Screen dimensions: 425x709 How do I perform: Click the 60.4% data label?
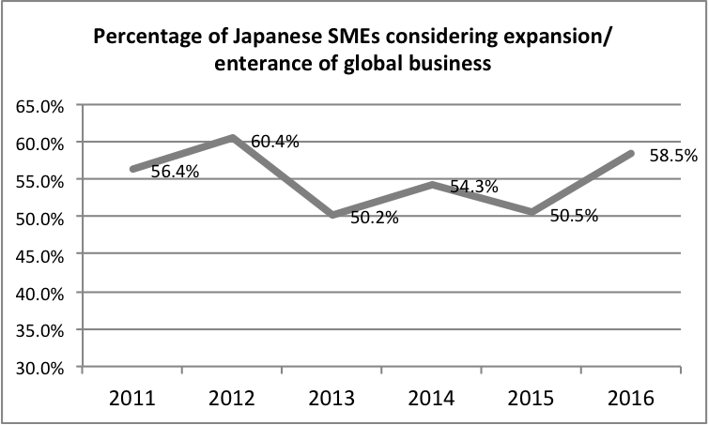pos(275,142)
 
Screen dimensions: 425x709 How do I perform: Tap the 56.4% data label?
pos(173,172)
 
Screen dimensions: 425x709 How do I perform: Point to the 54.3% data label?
pos(474,187)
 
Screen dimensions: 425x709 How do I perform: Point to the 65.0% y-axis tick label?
pos(40,106)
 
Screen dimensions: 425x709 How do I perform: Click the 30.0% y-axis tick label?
pos(40,368)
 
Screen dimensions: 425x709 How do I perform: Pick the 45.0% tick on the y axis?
pos(40,255)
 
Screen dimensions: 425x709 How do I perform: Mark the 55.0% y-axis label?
pos(40,180)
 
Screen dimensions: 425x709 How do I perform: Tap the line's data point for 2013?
pos(332,215)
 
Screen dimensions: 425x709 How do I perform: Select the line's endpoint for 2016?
pos(631,153)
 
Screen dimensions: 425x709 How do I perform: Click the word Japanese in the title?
pos(264,40)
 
